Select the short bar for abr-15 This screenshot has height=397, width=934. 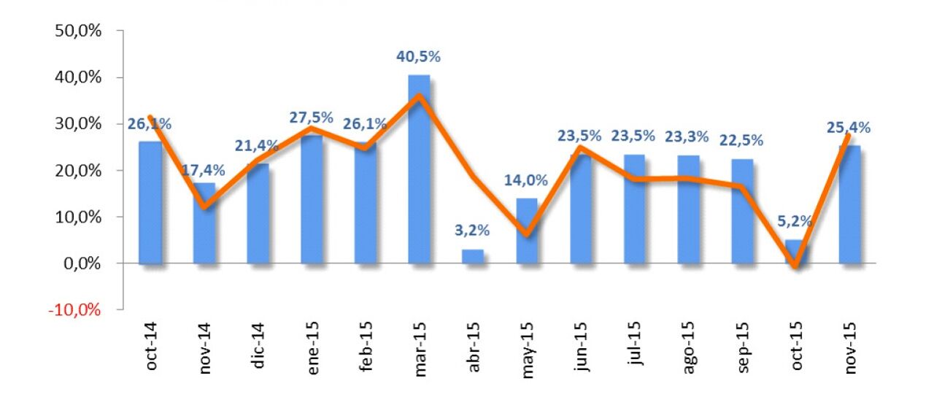coord(472,256)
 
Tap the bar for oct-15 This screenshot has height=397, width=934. coord(796,252)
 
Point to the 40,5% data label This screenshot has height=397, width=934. coord(419,57)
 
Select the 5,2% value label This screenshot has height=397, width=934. coord(796,222)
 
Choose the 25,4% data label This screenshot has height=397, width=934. coord(849,128)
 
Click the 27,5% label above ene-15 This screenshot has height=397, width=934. coord(311,117)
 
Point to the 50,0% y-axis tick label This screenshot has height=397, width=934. coord(77,31)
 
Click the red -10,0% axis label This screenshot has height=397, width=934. coord(75,309)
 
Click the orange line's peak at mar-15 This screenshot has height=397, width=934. coord(418,96)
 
